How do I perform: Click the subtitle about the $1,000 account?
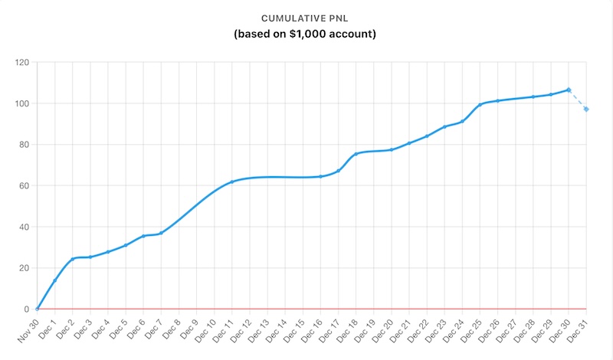point(306,34)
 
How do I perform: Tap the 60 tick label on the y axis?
point(23,185)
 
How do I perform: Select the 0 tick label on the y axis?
point(26,309)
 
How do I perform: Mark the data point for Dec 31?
point(586,110)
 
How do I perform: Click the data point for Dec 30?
point(569,90)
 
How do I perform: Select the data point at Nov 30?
point(37,309)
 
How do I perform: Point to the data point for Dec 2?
point(72,259)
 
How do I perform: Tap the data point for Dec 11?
point(231,182)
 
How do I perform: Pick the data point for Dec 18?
point(356,154)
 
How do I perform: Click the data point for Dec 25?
point(480,105)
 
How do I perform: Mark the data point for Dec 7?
point(161,234)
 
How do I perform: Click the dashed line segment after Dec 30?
point(578,100)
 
